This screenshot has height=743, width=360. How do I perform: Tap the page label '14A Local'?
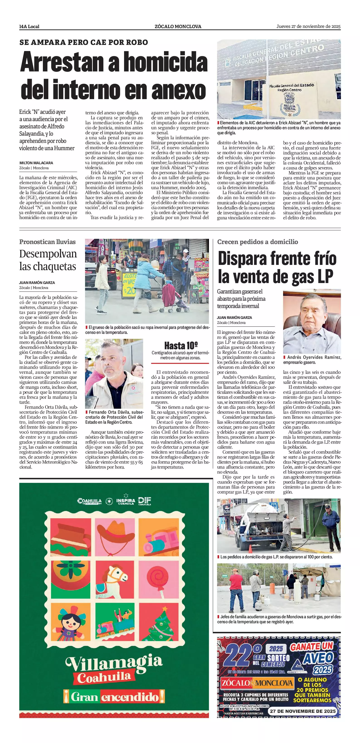pos(29,27)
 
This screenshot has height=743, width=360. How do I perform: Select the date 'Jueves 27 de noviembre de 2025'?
pos(308,26)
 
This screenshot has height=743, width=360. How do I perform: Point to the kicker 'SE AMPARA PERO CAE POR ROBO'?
pos(84,42)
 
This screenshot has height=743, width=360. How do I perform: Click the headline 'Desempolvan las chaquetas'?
pos(48,260)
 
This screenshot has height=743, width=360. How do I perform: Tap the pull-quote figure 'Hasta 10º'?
pos(181,345)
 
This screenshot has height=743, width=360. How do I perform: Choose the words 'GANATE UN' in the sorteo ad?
pos(311,647)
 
